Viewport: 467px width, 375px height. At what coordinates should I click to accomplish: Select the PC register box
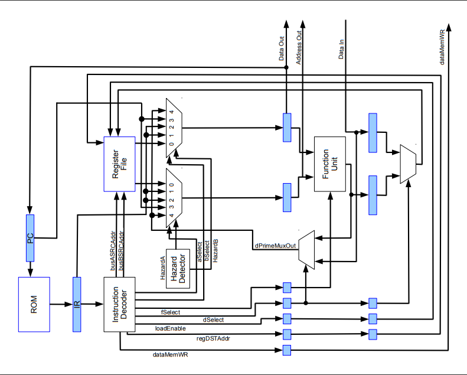(x=31, y=238)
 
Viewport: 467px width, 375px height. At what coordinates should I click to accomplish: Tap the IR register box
(x=76, y=304)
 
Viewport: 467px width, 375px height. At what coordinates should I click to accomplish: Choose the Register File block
(x=120, y=164)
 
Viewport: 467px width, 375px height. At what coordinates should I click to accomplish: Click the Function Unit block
(x=329, y=164)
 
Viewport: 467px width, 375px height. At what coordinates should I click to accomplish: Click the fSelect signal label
(x=171, y=311)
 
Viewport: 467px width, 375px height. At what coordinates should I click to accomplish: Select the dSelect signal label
(x=213, y=319)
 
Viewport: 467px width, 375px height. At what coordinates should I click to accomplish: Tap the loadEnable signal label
(x=169, y=328)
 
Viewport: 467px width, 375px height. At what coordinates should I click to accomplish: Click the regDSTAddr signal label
(x=213, y=339)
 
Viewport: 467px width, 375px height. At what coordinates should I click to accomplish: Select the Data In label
(x=341, y=49)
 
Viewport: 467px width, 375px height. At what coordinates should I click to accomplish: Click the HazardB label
(x=215, y=251)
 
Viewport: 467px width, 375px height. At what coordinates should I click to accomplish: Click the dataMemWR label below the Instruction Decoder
(x=170, y=355)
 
